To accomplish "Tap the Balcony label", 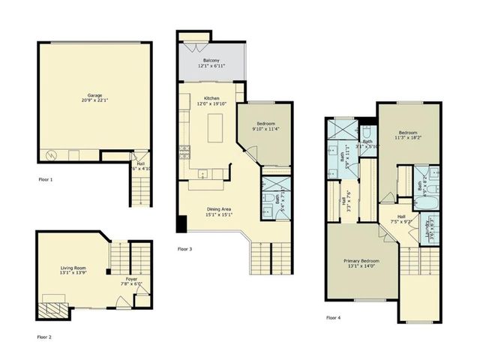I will (x=211, y=63).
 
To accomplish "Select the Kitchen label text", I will (x=211, y=105).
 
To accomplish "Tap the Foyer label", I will (x=131, y=283).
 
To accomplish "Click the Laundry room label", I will (x=431, y=224).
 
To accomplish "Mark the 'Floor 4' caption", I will (x=333, y=317).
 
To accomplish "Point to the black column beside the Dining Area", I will (x=181, y=223).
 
